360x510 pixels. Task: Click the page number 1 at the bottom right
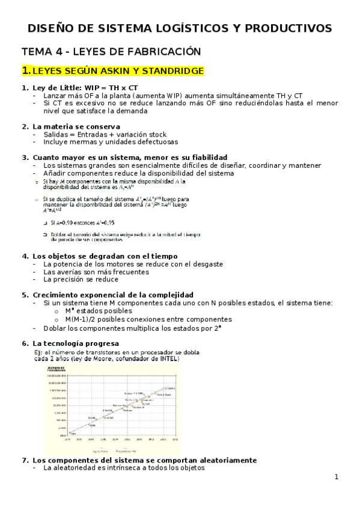point(337,477)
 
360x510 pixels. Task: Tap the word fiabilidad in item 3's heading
point(208,157)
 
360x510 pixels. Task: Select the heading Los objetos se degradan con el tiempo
point(101,256)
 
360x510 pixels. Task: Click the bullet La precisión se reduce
point(81,279)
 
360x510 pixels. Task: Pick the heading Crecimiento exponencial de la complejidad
point(114,295)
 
